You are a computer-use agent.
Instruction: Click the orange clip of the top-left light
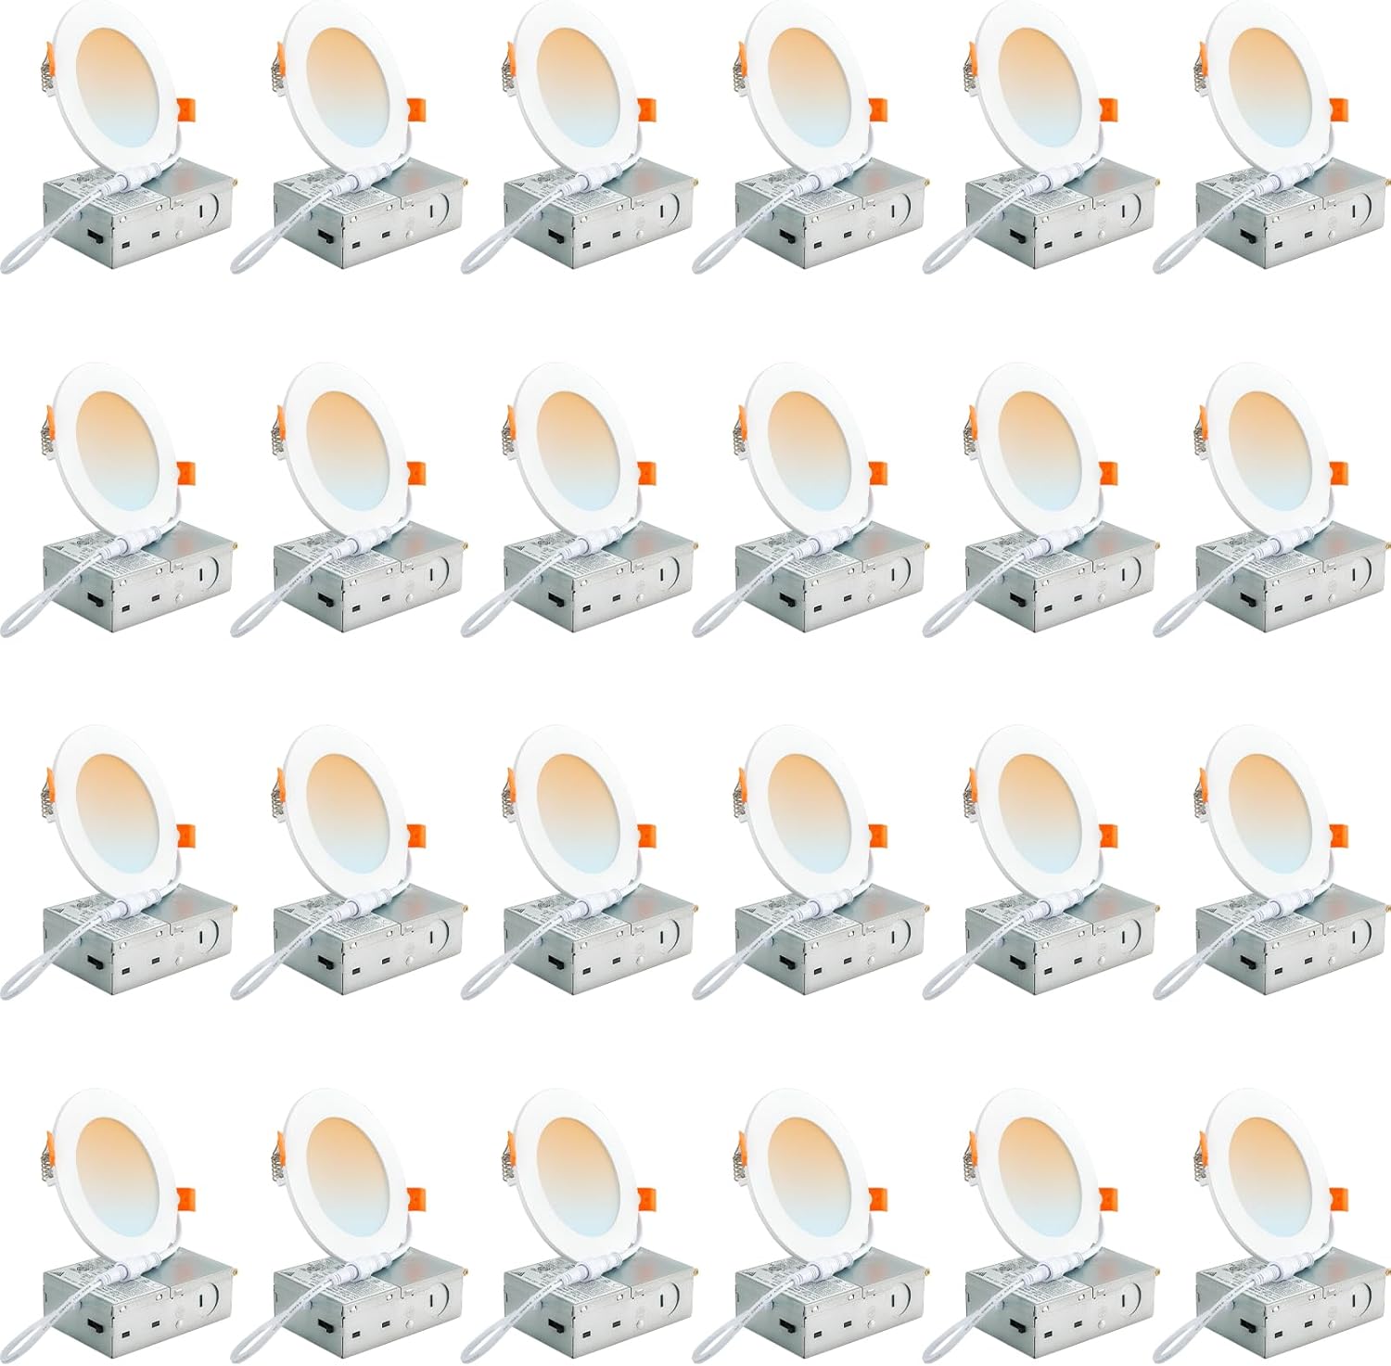pyautogui.click(x=184, y=109)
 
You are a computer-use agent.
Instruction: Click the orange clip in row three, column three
pyautogui.click(x=645, y=836)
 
